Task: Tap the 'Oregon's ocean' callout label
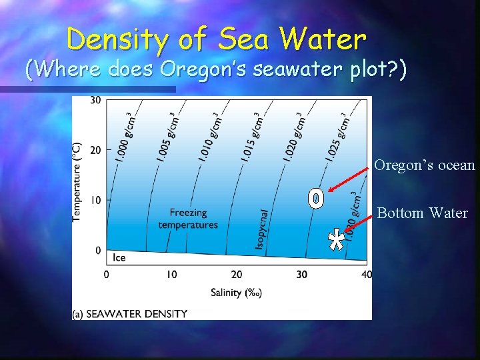click(x=425, y=165)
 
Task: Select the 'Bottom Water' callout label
click(x=423, y=213)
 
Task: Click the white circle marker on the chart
click(x=316, y=199)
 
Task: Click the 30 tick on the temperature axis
click(x=96, y=100)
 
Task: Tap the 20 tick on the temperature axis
click(x=96, y=150)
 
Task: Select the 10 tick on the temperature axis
click(x=96, y=200)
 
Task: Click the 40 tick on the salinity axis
click(x=365, y=274)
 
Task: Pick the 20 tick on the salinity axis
click(x=236, y=274)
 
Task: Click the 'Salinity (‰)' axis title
click(x=236, y=292)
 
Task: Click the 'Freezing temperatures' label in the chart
click(x=188, y=219)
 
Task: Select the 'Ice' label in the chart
click(x=119, y=257)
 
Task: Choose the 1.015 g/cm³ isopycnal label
click(x=253, y=137)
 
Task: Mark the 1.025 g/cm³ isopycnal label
click(x=337, y=137)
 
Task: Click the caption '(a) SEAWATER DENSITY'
click(x=131, y=313)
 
